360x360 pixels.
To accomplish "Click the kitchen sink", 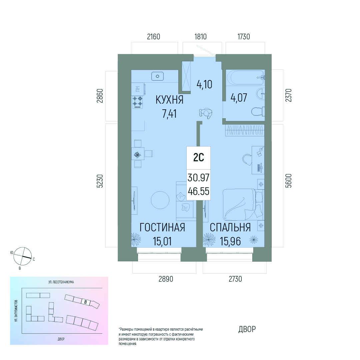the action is coord(157,76).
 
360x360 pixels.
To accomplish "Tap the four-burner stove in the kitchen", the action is coord(137,102).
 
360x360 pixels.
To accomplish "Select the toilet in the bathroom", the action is coord(258,112).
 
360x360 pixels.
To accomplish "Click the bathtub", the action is coord(245,78).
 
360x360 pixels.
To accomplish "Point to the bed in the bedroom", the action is coord(243,205).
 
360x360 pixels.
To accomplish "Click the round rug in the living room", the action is coord(160,200).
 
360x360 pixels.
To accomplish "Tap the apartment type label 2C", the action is coord(199,158).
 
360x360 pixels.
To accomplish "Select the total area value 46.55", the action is coord(199,191).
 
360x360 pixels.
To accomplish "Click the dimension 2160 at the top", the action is coord(154,37).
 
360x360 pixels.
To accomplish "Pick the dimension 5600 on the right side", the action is coord(289,181).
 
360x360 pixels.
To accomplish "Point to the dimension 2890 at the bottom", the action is coord(166,279).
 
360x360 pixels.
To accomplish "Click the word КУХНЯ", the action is coord(169,100).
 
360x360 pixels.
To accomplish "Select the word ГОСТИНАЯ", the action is coord(162,228).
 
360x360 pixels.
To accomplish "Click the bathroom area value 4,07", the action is coord(239,98).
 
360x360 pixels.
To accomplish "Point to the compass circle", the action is coord(23,256).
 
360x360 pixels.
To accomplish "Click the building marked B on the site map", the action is coord(85,302).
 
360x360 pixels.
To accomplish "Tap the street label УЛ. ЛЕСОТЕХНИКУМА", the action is coord(61,282).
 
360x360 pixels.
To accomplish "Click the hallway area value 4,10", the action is coord(204,84).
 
